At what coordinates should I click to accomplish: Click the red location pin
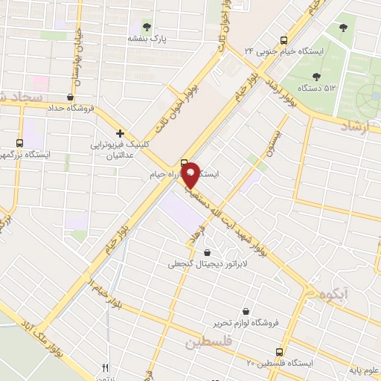[x=191, y=176]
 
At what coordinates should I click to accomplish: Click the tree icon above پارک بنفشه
[x=146, y=25]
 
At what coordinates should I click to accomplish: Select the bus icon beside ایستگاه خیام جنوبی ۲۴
[x=283, y=40]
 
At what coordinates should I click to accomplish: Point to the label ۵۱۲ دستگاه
[x=316, y=89]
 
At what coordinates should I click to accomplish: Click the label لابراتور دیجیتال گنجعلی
[x=194, y=264]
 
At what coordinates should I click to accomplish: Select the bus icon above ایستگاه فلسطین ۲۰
[x=280, y=351]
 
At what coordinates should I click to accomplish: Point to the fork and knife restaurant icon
[x=105, y=368]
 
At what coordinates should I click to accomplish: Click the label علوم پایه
[x=363, y=370]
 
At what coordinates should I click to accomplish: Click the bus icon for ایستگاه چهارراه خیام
[x=184, y=164]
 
